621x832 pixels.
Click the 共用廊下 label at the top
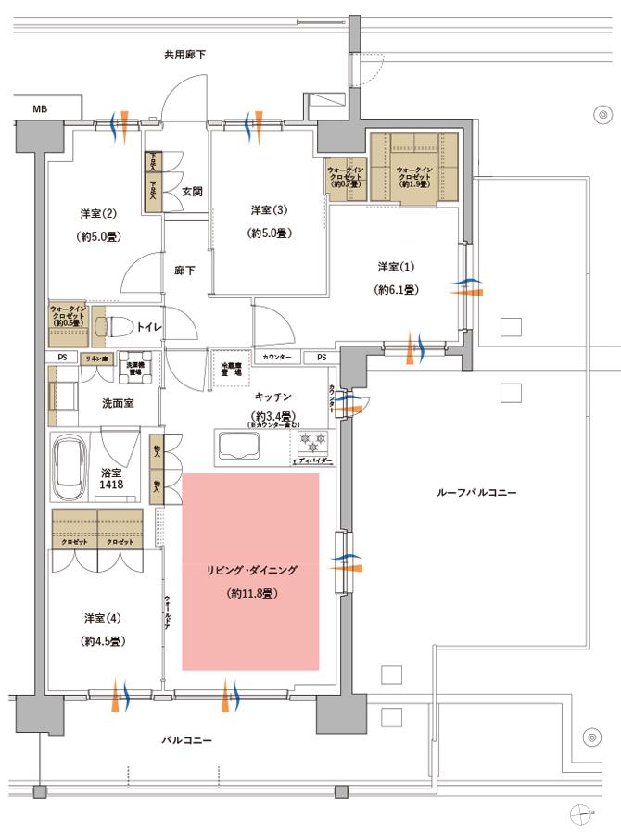tap(185, 56)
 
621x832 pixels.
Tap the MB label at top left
tap(40, 109)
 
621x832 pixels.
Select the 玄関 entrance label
tap(192, 192)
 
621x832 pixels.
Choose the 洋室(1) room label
tap(397, 267)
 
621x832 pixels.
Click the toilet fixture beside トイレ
tap(119, 326)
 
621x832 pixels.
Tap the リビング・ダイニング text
tap(250, 571)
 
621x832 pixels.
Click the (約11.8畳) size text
tap(250, 593)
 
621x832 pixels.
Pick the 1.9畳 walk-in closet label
tap(413, 177)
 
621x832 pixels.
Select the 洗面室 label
tap(119, 402)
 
